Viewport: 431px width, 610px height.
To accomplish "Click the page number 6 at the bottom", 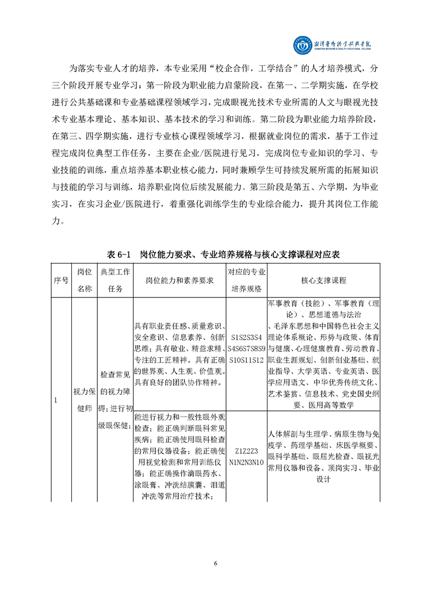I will tap(216, 563).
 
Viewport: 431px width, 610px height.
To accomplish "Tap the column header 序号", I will tap(61, 280).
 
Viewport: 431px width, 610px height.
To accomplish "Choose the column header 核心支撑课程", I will tap(323, 280).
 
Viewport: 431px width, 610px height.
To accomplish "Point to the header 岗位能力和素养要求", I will tap(179, 280).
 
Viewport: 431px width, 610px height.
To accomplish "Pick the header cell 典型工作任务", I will tap(115, 280).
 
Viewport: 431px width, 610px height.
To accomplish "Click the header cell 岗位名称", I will tap(85, 280).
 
